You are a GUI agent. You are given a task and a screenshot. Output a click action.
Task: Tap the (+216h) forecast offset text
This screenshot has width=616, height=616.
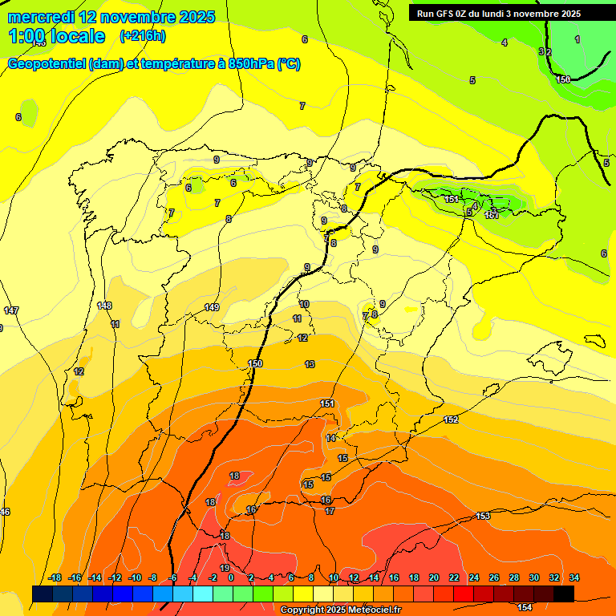[x=142, y=36]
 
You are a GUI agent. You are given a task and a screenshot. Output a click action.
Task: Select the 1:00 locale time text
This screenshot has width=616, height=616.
[x=56, y=36]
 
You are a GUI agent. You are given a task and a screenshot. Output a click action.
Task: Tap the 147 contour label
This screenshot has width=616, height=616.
[x=11, y=310]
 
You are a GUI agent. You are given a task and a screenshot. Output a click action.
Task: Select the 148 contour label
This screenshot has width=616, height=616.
[x=104, y=306]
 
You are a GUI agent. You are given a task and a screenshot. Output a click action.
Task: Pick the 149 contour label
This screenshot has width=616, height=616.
[x=212, y=307]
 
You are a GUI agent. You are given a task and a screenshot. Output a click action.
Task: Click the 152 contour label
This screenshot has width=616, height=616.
[x=451, y=419]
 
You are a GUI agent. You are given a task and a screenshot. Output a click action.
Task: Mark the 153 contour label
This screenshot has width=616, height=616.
[x=483, y=516]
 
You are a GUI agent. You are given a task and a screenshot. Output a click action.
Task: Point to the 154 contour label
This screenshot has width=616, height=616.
[x=525, y=585]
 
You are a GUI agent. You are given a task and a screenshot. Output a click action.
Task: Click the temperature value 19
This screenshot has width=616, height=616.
[x=225, y=546]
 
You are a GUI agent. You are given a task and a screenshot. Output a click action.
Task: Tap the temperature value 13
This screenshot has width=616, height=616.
[x=310, y=364]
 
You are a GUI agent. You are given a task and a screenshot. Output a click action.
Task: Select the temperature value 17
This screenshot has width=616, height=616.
[x=330, y=510]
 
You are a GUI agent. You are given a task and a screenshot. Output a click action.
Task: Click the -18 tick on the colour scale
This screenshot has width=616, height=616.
[x=55, y=577]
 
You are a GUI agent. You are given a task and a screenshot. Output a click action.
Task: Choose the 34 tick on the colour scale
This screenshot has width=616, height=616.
[x=574, y=577]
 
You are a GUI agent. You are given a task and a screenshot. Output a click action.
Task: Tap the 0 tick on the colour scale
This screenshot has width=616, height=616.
[x=230, y=577]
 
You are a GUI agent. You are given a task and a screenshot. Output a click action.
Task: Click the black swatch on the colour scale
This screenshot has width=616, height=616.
[x=563, y=594]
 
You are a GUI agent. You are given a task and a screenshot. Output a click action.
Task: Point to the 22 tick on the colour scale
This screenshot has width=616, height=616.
[x=454, y=577]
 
